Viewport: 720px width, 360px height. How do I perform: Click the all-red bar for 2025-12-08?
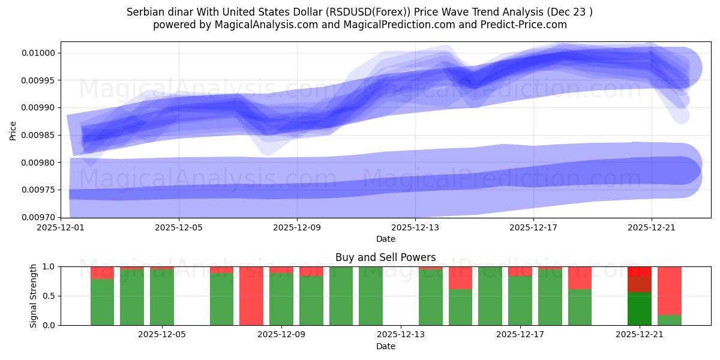(x=251, y=296)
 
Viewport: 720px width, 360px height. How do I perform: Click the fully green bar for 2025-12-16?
(x=490, y=296)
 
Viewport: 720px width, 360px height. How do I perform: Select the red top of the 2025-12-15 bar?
(x=460, y=278)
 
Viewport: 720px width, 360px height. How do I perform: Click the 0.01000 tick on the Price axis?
(x=40, y=53)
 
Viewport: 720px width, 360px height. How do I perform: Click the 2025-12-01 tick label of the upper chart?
(x=61, y=228)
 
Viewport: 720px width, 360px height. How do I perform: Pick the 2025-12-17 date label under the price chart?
(x=533, y=228)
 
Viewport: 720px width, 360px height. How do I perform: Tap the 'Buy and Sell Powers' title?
(x=385, y=257)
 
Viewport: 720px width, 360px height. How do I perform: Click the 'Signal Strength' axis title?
(x=34, y=296)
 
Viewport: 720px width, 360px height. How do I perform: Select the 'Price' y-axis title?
(x=13, y=130)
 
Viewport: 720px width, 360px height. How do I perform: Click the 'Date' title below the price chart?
(x=385, y=239)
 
